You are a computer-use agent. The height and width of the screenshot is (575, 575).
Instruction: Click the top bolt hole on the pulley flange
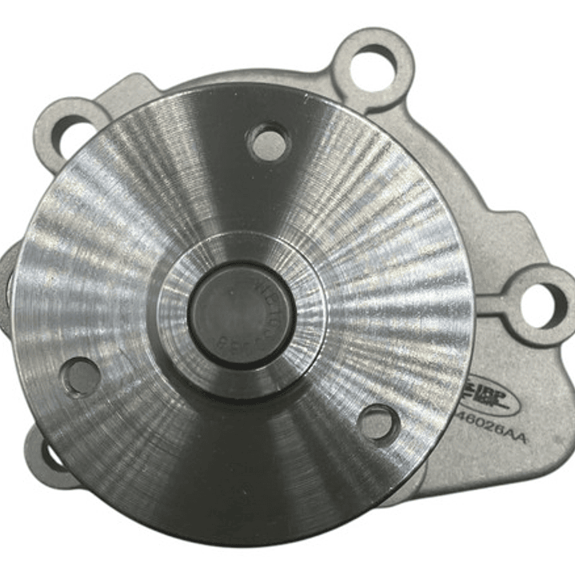[x=268, y=143]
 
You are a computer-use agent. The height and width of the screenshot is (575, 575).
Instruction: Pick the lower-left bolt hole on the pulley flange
[x=82, y=377]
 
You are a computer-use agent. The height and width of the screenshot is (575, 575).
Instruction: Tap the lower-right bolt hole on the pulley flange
[x=377, y=421]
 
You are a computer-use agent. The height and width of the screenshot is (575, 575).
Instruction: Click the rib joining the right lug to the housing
[x=500, y=302]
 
